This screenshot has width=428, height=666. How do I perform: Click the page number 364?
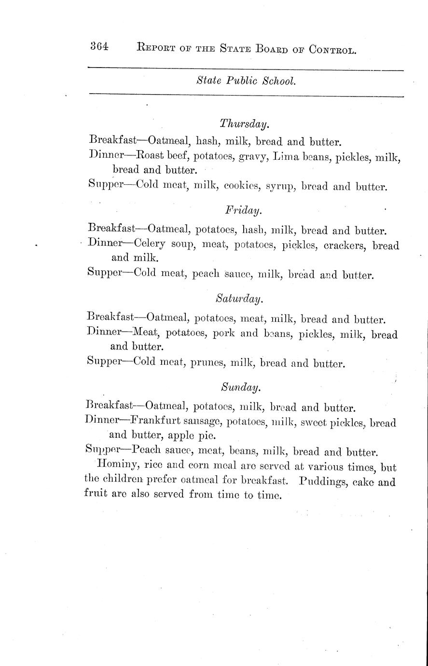99,47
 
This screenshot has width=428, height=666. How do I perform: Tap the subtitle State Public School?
246,82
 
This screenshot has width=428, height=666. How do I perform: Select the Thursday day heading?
244,124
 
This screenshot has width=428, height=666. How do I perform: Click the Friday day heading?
244,210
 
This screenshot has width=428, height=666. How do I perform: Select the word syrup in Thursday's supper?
280,186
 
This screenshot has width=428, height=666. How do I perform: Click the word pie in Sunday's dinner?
203,436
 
